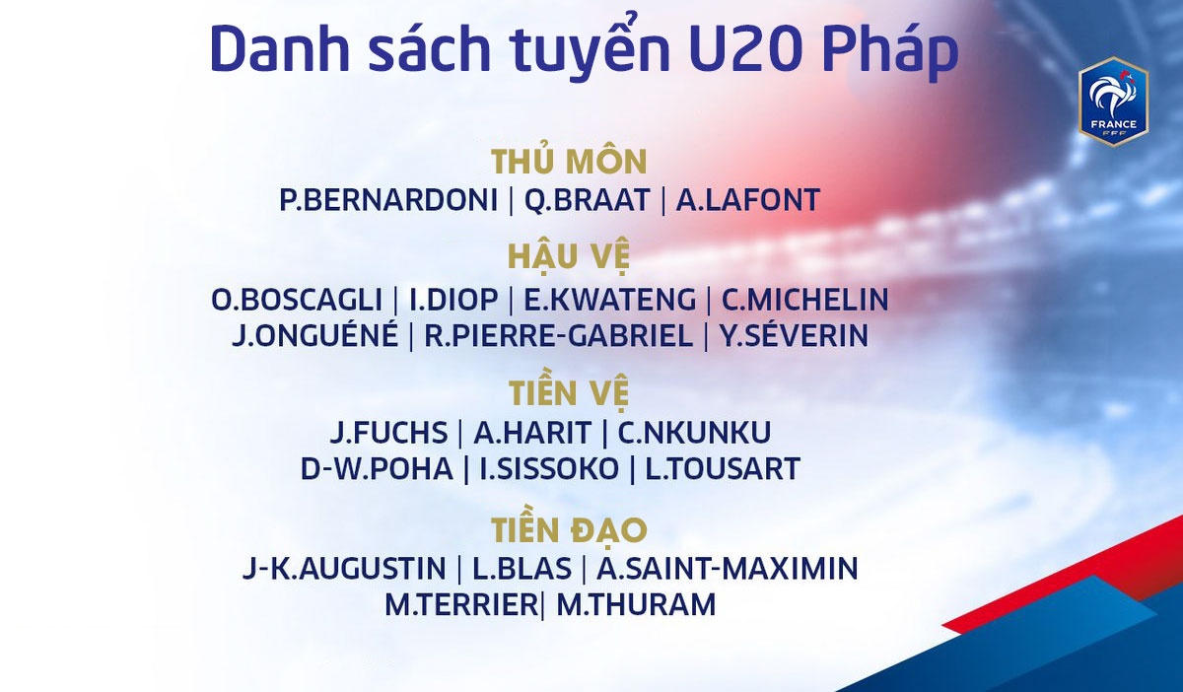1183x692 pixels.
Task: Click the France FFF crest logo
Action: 1114,102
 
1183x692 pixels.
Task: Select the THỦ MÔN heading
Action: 570,161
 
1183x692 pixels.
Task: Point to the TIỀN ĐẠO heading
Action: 570,529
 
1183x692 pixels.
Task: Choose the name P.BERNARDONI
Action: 388,200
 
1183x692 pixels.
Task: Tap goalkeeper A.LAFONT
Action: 748,200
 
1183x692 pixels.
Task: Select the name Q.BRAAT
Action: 587,200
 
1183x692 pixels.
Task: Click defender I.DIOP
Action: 453,300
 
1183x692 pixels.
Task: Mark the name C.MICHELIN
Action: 804,300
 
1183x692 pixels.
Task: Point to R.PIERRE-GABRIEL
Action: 558,335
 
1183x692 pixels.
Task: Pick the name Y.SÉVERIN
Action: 795,335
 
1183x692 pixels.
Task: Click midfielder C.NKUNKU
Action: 694,433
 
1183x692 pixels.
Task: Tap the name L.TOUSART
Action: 723,468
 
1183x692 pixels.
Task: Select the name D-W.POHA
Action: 377,468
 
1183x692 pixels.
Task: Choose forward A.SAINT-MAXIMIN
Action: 728,569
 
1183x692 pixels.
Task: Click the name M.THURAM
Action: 636,604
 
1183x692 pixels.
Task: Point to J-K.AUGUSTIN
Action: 344,569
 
